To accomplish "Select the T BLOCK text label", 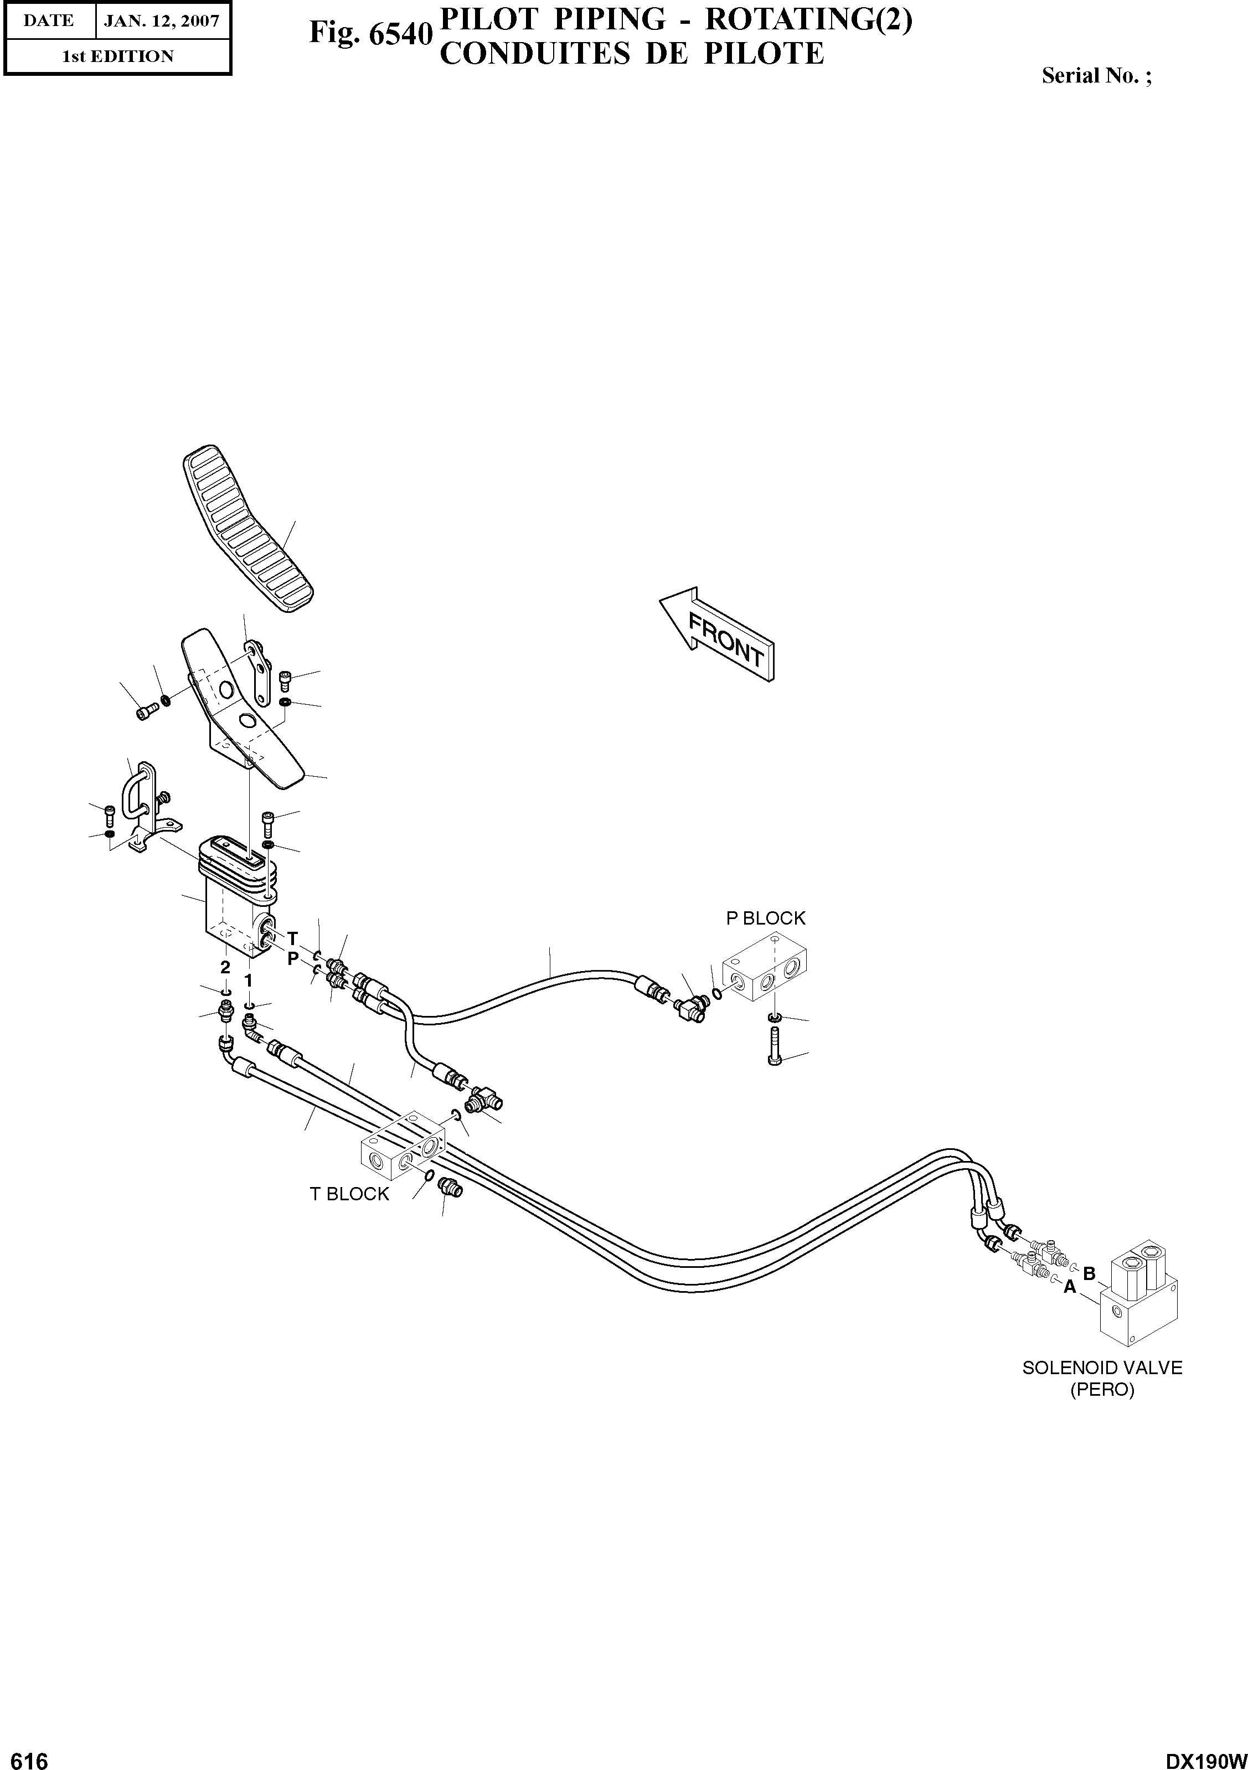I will (x=349, y=1194).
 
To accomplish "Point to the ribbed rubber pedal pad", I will (x=248, y=529).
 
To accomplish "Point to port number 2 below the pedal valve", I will (x=225, y=967).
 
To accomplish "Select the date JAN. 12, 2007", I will (x=162, y=21).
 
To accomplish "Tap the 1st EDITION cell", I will (x=117, y=56).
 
